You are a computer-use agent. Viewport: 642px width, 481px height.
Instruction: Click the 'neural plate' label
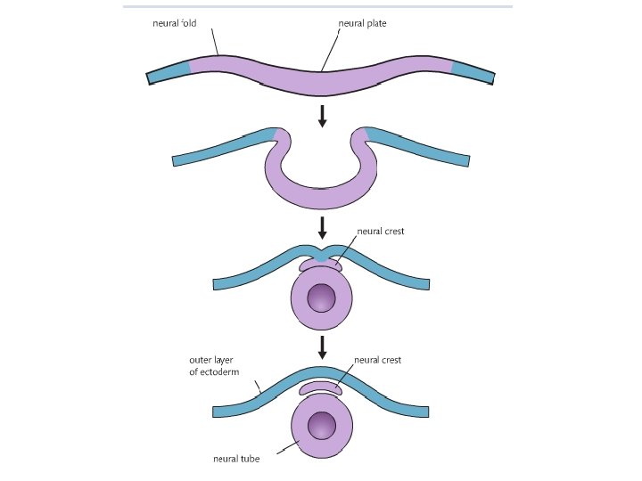coord(363,23)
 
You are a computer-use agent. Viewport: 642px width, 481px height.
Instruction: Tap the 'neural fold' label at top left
coord(174,23)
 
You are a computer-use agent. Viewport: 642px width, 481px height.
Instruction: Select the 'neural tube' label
coord(235,460)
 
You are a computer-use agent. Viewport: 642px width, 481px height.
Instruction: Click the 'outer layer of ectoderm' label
coord(212,366)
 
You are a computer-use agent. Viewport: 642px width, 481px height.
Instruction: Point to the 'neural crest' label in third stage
coord(381,231)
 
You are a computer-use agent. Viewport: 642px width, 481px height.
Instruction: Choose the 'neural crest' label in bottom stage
coord(378,360)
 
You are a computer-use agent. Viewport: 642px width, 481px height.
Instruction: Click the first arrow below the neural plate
coord(323,115)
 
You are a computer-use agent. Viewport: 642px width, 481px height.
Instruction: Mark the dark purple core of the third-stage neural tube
coord(322,298)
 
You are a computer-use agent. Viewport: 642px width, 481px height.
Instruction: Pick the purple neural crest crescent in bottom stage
coord(321,388)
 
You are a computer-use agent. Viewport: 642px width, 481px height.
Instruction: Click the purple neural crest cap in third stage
coord(322,265)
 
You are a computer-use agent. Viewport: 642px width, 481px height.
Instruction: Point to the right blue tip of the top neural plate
coord(473,72)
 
